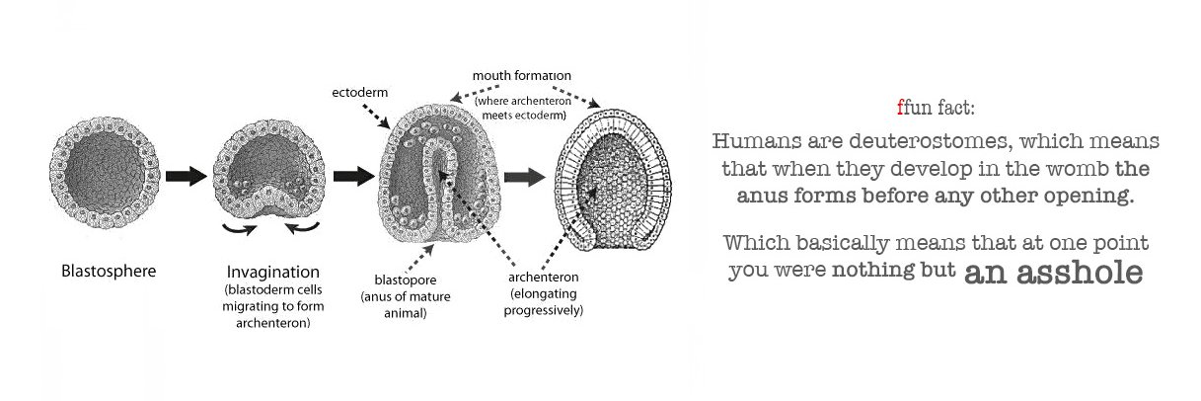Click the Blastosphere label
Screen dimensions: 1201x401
(x=109, y=271)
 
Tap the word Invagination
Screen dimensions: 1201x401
(x=273, y=273)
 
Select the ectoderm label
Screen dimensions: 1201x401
(x=360, y=92)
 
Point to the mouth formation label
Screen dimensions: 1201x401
(x=522, y=76)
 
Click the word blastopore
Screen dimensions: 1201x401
(x=406, y=281)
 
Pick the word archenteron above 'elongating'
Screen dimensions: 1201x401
(x=543, y=277)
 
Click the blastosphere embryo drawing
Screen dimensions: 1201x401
(x=105, y=173)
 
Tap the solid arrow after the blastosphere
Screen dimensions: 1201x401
(x=187, y=176)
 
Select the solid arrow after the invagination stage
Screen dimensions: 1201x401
(x=354, y=176)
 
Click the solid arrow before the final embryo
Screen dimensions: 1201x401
(x=524, y=177)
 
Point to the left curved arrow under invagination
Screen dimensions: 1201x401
(x=239, y=229)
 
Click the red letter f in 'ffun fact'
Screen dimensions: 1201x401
(x=900, y=108)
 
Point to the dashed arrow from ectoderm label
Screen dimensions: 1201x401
(x=376, y=116)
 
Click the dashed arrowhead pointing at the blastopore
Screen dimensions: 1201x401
(x=428, y=249)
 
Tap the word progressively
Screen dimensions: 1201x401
(x=543, y=311)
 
